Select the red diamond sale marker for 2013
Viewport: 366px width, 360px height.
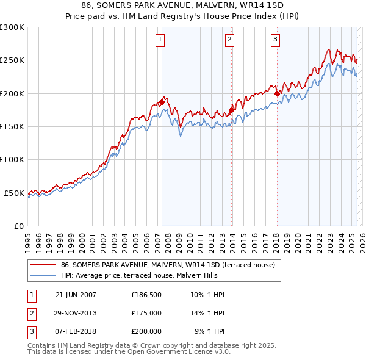pyautogui.click(x=232, y=110)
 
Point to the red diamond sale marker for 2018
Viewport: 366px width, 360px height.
pyautogui.click(x=277, y=93)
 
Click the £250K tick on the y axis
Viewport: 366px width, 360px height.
pyautogui.click(x=12, y=60)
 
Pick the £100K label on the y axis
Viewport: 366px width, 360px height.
pyautogui.click(x=12, y=159)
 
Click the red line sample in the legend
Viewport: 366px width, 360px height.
pyautogui.click(x=42, y=265)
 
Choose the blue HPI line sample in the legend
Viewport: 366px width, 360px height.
pyautogui.click(x=42, y=275)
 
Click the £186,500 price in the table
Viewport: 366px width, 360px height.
pyautogui.click(x=146, y=295)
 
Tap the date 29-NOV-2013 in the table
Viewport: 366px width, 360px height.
pyautogui.click(x=76, y=313)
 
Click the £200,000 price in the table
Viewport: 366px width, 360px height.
pyautogui.click(x=146, y=331)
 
